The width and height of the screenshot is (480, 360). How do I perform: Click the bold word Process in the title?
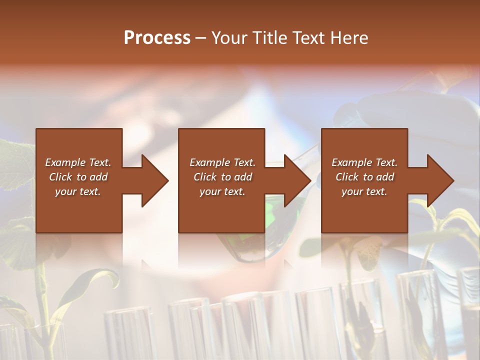(157, 38)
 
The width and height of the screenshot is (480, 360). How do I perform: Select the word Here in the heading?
(348, 38)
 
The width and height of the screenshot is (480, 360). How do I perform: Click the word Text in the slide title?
(308, 38)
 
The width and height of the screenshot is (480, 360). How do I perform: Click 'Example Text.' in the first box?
(78, 162)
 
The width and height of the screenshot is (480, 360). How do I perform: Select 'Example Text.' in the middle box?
(222, 162)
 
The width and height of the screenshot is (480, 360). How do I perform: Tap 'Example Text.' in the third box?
(364, 162)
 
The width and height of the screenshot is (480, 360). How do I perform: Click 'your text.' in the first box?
(78, 191)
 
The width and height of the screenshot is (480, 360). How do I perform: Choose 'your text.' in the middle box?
(222, 191)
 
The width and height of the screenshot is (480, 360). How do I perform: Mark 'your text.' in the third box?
(364, 191)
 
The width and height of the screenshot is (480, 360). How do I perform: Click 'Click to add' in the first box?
(78, 177)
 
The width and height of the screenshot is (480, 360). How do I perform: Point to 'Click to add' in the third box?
(364, 177)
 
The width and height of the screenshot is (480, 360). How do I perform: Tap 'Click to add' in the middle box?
(222, 177)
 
